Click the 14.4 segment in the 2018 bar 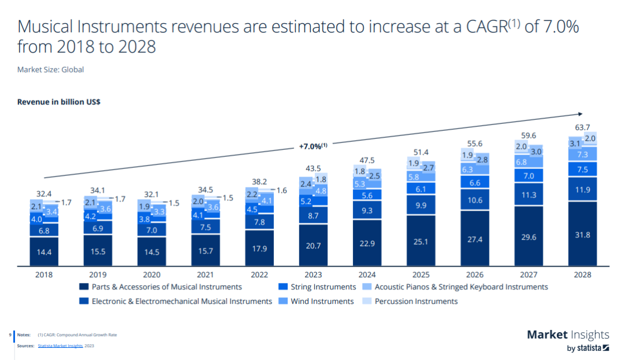tap(43, 252)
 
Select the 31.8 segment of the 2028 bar tap(583, 234)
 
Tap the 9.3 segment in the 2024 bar tap(367, 211)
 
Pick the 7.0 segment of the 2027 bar tap(529, 176)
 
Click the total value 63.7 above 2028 tap(583, 127)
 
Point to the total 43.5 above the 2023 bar tap(313, 168)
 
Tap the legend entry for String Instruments tap(322, 286)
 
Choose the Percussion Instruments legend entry tap(416, 301)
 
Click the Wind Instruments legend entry tap(322, 301)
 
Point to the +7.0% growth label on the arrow tap(313, 146)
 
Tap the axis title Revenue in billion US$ tap(59, 102)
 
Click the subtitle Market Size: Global tap(50, 69)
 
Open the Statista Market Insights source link tap(60, 346)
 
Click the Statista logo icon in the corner tap(605, 348)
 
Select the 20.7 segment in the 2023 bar tap(313, 245)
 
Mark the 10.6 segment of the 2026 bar tap(475, 200)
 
